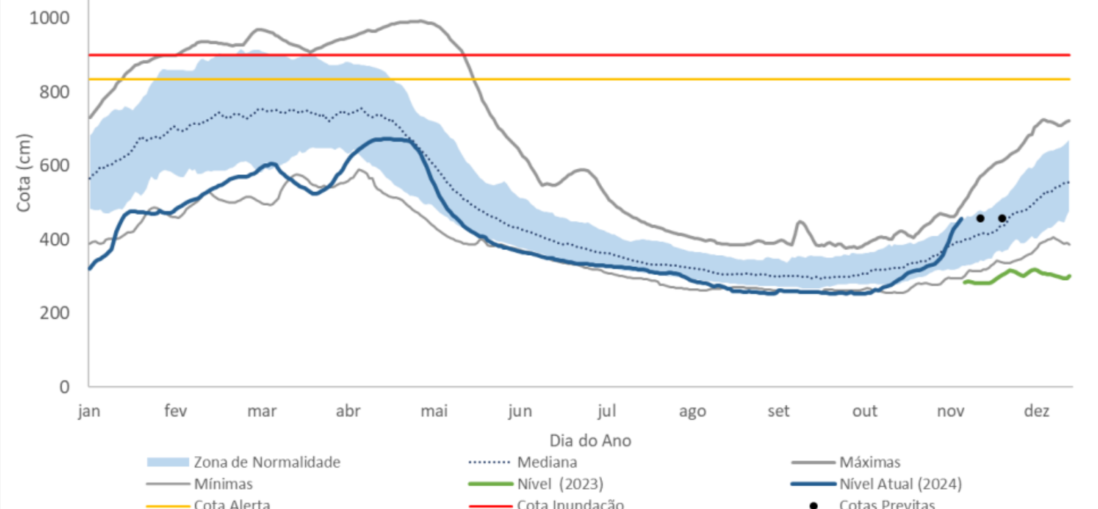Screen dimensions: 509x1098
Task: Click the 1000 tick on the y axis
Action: tap(49, 18)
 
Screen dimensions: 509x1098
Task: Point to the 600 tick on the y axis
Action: tap(54, 165)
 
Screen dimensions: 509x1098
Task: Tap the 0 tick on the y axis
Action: tap(64, 387)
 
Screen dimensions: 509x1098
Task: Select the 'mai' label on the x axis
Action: tap(434, 411)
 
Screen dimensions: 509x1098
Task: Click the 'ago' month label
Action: tap(692, 411)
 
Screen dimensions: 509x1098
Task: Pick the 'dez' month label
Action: tap(1036, 411)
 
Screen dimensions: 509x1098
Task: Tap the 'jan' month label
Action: tap(89, 411)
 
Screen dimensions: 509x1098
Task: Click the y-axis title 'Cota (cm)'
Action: tap(24, 173)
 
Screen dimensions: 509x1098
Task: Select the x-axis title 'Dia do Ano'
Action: tap(590, 440)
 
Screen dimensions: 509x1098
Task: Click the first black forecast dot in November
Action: tap(980, 218)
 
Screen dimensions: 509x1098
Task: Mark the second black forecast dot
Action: tap(1002, 218)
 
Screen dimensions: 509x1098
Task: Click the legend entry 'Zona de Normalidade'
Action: tap(266, 462)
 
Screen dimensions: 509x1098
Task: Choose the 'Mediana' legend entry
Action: tap(546, 462)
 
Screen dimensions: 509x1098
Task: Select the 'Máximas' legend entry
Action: tap(869, 462)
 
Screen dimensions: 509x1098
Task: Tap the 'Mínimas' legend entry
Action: tap(223, 484)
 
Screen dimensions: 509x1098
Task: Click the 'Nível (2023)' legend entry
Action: tap(560, 484)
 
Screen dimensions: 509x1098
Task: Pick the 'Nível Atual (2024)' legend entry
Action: tap(900, 484)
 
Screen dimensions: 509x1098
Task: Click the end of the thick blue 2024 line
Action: tap(961, 219)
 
